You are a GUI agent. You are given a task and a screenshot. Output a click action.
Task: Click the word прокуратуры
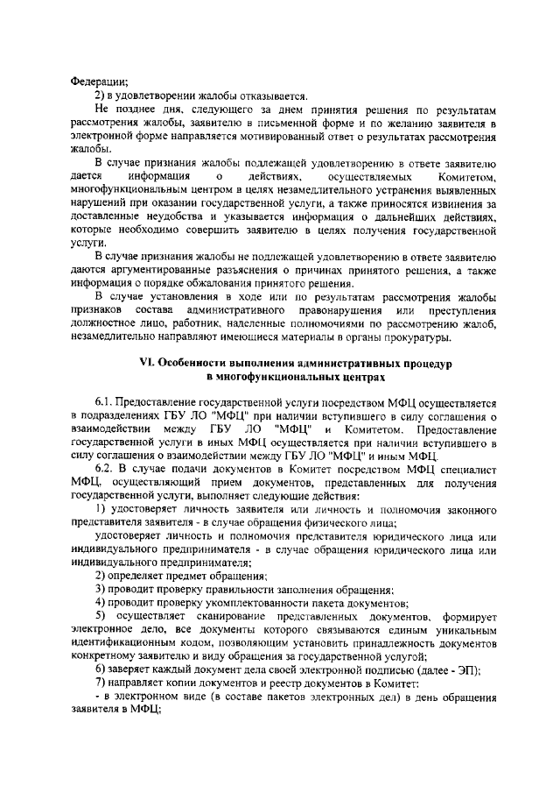click(416, 337)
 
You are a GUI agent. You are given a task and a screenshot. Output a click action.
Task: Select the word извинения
click(454, 203)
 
